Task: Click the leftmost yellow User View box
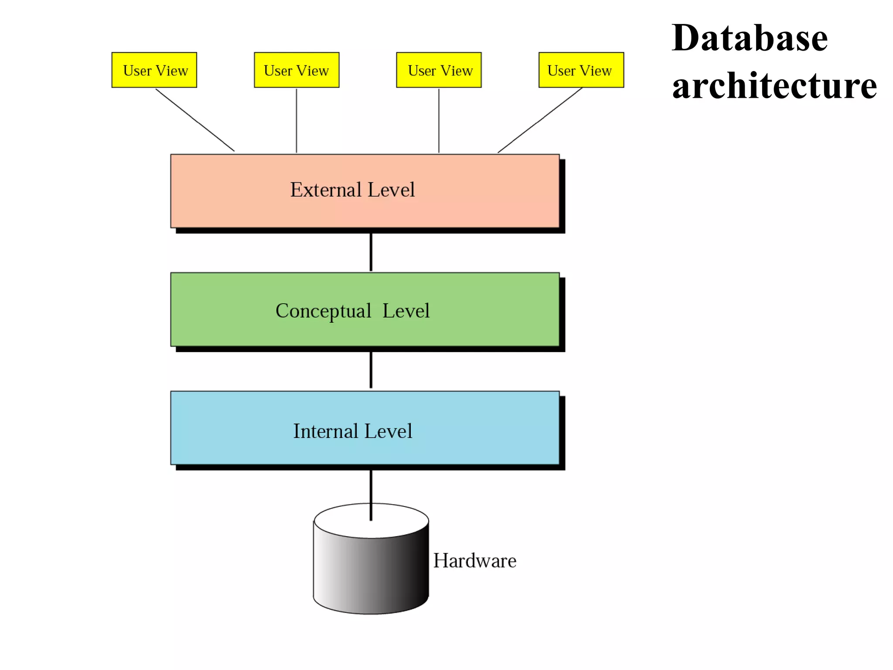154,70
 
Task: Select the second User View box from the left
297,70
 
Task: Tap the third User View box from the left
439,70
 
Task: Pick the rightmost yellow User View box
581,70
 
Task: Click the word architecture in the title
774,86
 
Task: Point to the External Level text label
352,190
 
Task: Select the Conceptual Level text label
352,311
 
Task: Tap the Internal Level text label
352,431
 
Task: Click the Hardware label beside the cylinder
474,561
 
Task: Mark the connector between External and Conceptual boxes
371,252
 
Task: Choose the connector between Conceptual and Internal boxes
371,370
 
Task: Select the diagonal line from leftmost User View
195,120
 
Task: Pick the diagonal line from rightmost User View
540,120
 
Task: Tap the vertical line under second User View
297,121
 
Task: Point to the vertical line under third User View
439,121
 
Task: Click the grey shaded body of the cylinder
371,576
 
